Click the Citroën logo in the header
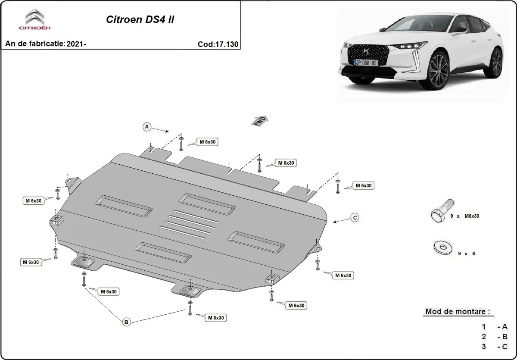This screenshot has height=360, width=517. (x=34, y=20)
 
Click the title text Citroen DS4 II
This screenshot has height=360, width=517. (x=140, y=20)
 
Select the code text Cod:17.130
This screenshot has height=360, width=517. (x=218, y=44)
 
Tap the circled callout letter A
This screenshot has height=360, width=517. (x=147, y=127)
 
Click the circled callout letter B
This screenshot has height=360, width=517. (x=126, y=322)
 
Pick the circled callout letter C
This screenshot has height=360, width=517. (x=355, y=218)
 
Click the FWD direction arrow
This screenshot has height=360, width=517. (x=260, y=120)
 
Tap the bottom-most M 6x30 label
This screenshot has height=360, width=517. (x=215, y=318)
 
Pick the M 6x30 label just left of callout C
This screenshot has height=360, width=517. (x=363, y=185)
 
